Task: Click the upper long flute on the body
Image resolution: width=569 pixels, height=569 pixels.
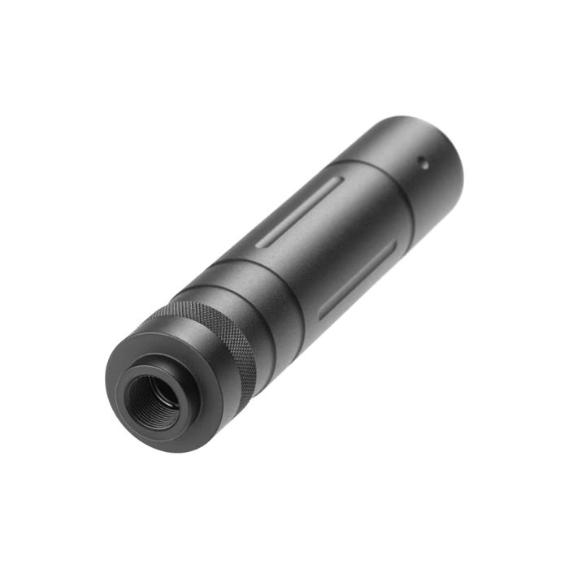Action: click(x=306, y=212)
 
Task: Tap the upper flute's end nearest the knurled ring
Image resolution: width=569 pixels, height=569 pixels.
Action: click(x=265, y=242)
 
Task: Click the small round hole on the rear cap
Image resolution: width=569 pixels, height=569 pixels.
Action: click(x=423, y=162)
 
